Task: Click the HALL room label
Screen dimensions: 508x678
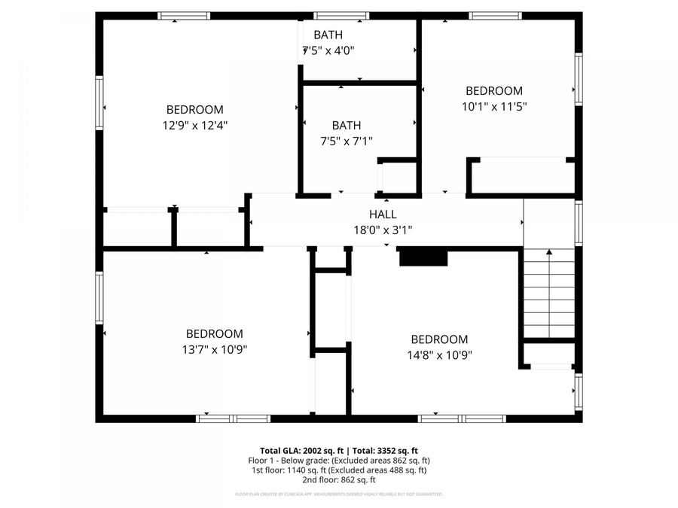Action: pyautogui.click(x=383, y=214)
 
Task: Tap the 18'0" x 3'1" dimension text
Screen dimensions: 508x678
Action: pyautogui.click(x=383, y=230)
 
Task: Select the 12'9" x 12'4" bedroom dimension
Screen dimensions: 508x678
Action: pyautogui.click(x=195, y=125)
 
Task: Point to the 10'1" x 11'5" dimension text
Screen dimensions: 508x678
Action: pyautogui.click(x=493, y=106)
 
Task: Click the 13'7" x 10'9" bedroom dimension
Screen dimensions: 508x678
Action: pyautogui.click(x=215, y=349)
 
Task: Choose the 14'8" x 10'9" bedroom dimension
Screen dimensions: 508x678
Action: pyautogui.click(x=439, y=354)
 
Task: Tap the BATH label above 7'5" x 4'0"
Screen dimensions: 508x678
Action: pyautogui.click(x=328, y=35)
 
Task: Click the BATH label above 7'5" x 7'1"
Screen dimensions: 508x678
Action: pyautogui.click(x=347, y=125)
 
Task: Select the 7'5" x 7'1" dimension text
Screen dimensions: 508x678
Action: pyautogui.click(x=347, y=141)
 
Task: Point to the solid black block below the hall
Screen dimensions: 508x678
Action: pyautogui.click(x=423, y=258)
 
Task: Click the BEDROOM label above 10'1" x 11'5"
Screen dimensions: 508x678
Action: pyautogui.click(x=493, y=90)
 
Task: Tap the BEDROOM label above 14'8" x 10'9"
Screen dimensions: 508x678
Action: pyautogui.click(x=439, y=339)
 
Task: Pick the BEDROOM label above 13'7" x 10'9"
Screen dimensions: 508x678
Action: pyautogui.click(x=215, y=333)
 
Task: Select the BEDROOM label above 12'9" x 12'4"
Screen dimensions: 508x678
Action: pyautogui.click(x=195, y=109)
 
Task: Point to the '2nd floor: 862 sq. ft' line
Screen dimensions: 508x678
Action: pyautogui.click(x=339, y=479)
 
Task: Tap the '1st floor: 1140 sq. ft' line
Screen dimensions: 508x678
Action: pyautogui.click(x=339, y=470)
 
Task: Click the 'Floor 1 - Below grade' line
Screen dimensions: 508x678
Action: pyautogui.click(x=339, y=460)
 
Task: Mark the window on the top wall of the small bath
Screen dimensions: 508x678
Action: pyautogui.click(x=336, y=15)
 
